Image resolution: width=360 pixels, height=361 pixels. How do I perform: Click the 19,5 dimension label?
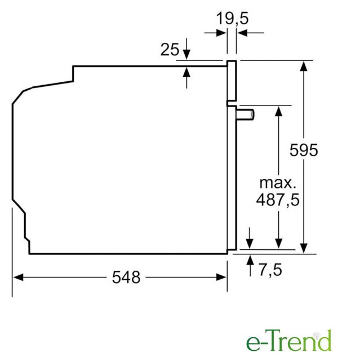point(233,18)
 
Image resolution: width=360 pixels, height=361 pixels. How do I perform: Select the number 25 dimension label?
point(170,49)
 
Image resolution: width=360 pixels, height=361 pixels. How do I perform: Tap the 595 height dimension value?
point(304,150)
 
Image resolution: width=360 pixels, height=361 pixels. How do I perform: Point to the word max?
point(278,183)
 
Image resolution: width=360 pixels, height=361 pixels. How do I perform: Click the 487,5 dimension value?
point(278,200)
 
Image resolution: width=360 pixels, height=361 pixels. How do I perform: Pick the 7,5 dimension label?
point(270,270)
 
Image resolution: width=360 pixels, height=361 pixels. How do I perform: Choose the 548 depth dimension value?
point(126,277)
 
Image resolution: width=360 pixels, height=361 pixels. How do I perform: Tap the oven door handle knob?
point(245,115)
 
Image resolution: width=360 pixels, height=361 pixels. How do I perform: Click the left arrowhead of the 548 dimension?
point(18,277)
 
